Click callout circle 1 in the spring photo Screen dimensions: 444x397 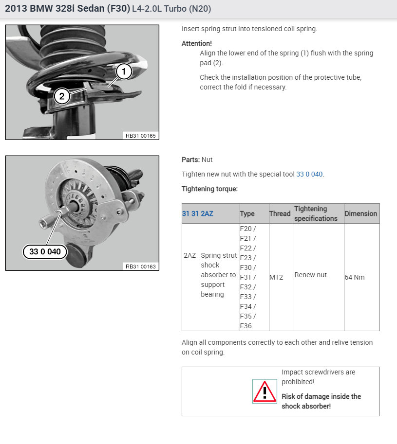124,72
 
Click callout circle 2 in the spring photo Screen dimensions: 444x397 62,96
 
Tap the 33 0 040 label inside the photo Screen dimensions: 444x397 45,251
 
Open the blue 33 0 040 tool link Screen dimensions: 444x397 309,174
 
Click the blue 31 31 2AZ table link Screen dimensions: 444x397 197,213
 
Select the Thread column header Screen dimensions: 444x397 280,213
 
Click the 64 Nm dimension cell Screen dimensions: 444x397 355,277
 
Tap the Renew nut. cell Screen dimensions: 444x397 311,275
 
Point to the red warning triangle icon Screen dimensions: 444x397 265,391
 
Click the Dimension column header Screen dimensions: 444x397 360,213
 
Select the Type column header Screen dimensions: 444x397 247,213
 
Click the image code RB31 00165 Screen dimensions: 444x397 141,136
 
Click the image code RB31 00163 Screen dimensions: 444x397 141,266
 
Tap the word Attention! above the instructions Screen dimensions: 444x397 197,43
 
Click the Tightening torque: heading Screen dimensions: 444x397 209,189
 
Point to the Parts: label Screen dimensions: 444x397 190,160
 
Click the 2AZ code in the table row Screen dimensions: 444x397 189,255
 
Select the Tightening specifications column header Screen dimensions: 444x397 316,213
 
